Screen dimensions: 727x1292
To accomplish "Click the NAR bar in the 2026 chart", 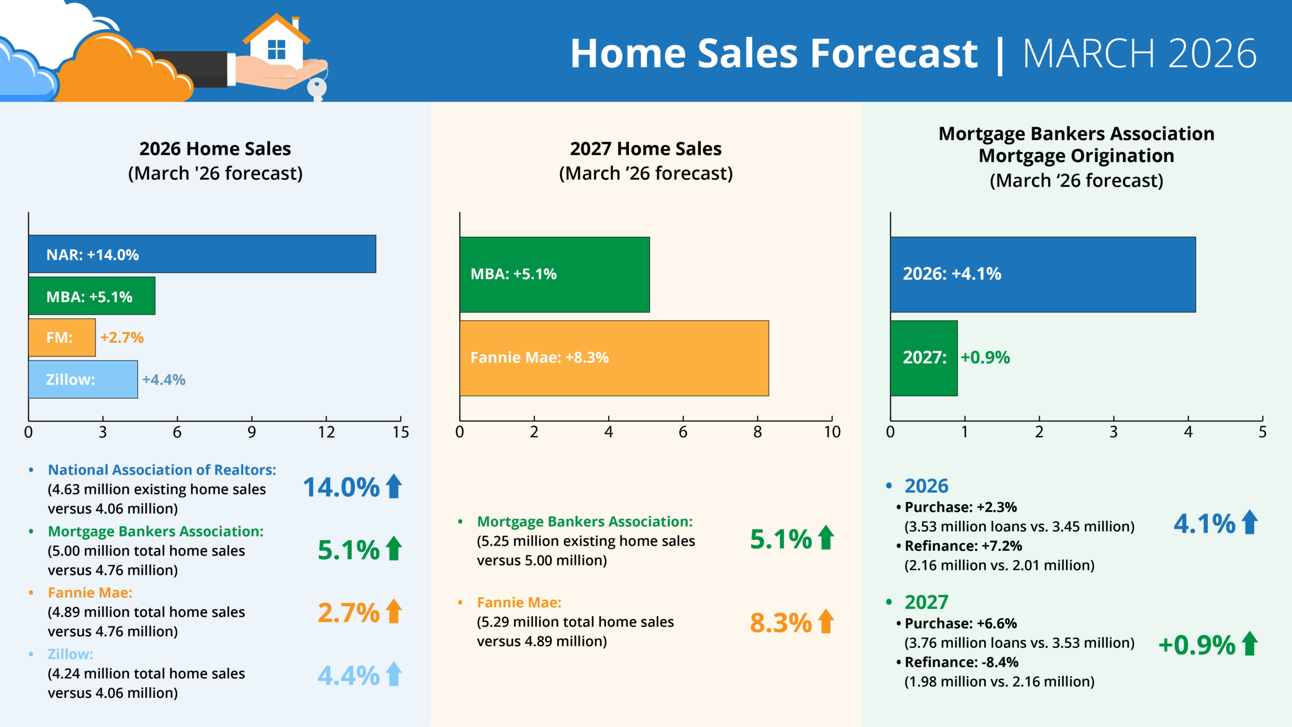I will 202,254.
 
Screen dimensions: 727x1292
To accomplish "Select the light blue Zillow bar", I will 83,379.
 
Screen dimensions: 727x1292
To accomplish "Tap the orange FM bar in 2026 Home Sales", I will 62,337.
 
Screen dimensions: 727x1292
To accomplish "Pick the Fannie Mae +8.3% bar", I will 614,358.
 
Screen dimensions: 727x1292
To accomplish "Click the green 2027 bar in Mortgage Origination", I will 924,358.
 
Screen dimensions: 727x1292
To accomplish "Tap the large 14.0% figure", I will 341,488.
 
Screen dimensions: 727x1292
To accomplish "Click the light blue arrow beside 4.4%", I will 394,674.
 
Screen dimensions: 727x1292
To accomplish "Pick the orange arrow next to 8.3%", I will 826,621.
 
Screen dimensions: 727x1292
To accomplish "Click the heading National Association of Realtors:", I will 162,470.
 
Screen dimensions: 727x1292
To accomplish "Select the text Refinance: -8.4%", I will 961,662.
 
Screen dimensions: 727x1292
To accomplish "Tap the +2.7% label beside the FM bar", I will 122,337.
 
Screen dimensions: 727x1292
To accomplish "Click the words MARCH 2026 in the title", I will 1140,54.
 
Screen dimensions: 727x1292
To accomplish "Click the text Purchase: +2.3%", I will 960,507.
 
